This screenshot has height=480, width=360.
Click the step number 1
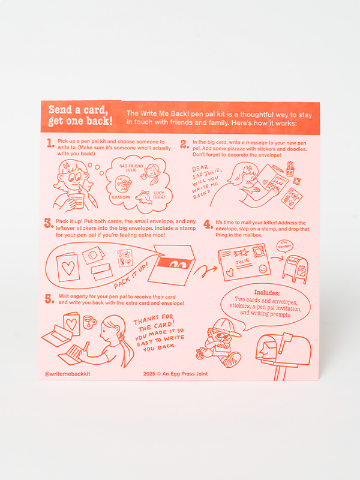[51, 143]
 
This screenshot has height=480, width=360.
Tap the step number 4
[208, 224]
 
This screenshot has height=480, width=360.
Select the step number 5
[50, 298]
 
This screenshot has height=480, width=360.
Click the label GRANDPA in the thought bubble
[121, 197]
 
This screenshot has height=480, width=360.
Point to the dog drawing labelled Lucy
[144, 197]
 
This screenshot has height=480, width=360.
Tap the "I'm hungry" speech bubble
[285, 246]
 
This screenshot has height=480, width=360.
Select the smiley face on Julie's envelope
[263, 269]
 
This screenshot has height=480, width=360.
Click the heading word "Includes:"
[266, 292]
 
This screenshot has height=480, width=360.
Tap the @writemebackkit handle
[68, 374]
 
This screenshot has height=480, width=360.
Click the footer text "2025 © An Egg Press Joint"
[175, 374]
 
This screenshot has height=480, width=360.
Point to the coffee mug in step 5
[89, 322]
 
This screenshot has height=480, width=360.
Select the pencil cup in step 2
[290, 169]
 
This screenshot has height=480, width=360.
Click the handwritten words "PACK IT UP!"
[131, 275]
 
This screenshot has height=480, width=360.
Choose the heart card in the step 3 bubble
[68, 267]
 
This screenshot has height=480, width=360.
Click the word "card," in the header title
[95, 110]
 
